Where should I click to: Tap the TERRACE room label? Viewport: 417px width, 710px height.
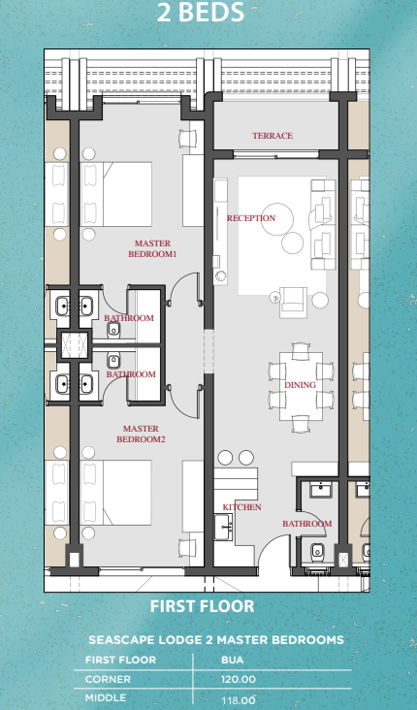[x=273, y=136]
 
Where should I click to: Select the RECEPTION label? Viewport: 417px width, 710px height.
[x=251, y=218]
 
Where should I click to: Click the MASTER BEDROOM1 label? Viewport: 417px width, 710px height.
[x=152, y=248]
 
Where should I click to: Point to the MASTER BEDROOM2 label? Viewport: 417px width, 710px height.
[x=142, y=434]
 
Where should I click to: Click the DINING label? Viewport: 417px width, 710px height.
[x=300, y=385]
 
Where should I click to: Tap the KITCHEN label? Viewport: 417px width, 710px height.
[x=241, y=507]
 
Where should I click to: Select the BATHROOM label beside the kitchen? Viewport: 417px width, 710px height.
[x=306, y=524]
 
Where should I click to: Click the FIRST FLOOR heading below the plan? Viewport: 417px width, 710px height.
[x=202, y=606]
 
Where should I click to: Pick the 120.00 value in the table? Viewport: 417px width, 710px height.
[x=238, y=680]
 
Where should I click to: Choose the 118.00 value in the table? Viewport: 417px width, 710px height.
[x=238, y=699]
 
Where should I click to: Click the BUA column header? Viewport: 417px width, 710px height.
[x=232, y=660]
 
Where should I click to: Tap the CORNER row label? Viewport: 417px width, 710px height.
[x=108, y=680]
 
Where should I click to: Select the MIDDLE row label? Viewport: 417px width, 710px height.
[x=106, y=698]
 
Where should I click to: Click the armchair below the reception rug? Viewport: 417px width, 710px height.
[x=292, y=303]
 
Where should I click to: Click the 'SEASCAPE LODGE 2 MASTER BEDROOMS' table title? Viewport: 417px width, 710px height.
[x=216, y=640]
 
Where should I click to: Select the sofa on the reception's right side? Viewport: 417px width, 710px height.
[x=324, y=225]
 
